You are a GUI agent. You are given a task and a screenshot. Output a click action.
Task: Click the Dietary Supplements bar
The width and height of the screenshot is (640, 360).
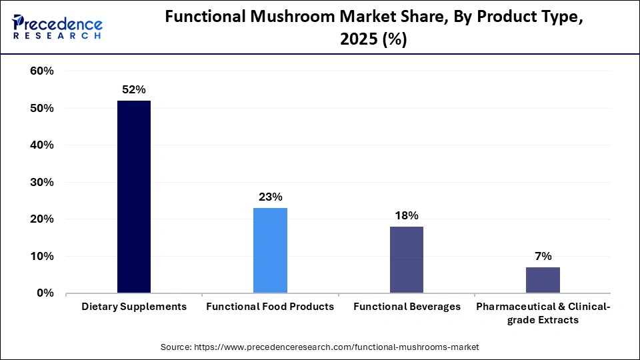pos(134,197)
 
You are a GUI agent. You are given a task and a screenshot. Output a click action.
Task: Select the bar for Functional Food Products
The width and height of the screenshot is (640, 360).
pos(270,251)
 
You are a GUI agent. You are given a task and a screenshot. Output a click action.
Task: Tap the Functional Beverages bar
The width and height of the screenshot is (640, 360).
pos(406,260)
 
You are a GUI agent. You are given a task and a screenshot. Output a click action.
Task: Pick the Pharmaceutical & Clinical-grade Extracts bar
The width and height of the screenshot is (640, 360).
pos(543,280)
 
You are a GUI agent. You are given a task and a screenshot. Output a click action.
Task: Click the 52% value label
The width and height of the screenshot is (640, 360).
pos(133,89)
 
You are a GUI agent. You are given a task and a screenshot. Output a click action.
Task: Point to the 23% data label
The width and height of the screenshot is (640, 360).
pos(270,197)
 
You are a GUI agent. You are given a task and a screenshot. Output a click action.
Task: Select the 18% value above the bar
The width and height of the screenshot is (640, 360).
pos(406,215)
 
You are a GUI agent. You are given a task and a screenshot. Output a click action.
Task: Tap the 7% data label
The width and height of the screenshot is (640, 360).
pos(543,256)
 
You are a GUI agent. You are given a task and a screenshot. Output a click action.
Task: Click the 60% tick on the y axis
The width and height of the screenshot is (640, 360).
pos(42,71)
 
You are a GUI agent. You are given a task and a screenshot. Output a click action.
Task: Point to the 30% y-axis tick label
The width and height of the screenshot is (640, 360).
pos(42,182)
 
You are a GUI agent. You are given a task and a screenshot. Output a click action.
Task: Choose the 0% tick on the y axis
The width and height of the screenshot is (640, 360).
pos(45,293)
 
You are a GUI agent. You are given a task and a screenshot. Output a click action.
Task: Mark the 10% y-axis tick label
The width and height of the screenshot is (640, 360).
pos(42,256)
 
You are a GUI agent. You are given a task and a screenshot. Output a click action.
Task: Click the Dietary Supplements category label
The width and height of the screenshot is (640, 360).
pos(134,307)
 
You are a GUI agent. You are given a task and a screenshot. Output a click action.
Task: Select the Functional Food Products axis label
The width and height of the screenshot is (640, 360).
pos(270,307)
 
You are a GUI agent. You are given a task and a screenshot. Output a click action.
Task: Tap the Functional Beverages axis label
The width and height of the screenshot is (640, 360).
pos(407,307)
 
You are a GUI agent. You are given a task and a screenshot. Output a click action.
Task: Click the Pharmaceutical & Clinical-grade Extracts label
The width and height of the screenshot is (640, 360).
pos(543,313)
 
